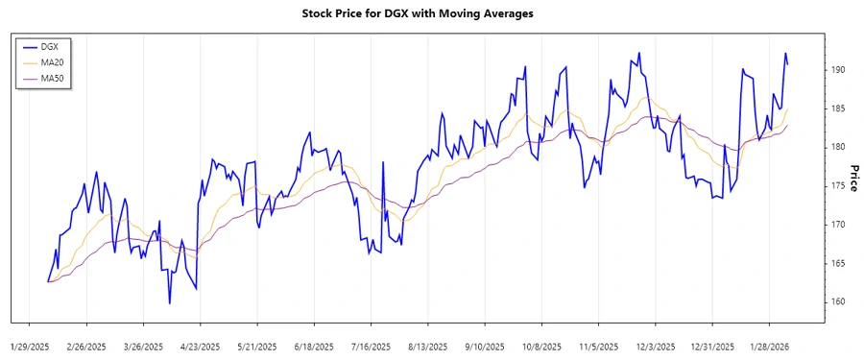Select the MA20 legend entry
[52, 61]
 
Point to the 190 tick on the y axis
[838, 70]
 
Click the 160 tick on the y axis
[838, 301]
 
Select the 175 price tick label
[838, 186]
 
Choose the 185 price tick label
[838, 108]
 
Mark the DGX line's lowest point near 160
[170, 303]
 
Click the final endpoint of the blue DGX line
[788, 64]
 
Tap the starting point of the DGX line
[47, 281]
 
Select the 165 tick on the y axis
[838, 263]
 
